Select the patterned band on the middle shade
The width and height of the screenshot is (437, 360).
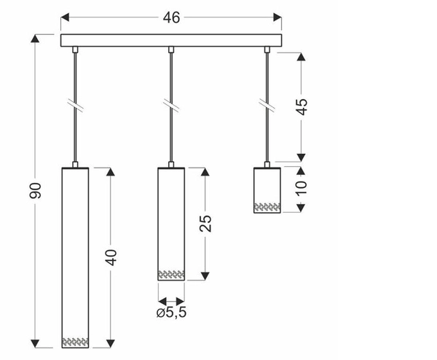point(171,275)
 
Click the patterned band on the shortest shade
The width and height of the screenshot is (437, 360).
point(267,207)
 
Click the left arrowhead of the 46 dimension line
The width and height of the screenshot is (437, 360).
point(64,15)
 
